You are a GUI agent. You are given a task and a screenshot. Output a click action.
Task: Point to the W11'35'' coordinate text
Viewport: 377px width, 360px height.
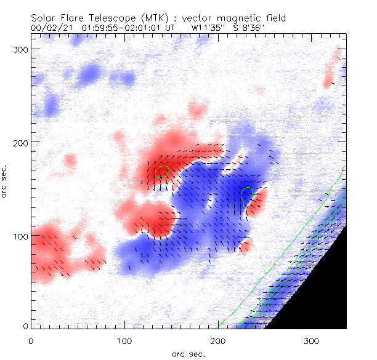point(207,28)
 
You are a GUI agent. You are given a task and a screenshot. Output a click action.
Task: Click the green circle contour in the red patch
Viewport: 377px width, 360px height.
point(163,172)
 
